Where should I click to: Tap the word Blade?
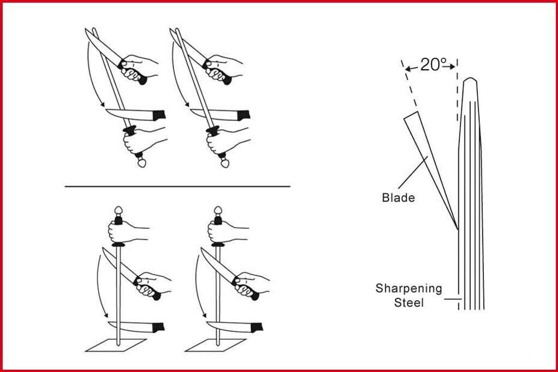[398, 198]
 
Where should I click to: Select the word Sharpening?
[408, 288]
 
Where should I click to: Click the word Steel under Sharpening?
[409, 302]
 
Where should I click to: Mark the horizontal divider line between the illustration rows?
[177, 186]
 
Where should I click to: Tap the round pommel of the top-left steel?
[142, 162]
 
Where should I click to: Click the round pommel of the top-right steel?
[225, 162]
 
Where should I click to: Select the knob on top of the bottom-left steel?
[117, 211]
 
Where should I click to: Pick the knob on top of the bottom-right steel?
[217, 211]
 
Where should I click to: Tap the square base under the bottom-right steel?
[214, 345]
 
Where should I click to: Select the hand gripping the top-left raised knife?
[136, 66]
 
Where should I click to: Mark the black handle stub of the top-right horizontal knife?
[243, 115]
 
